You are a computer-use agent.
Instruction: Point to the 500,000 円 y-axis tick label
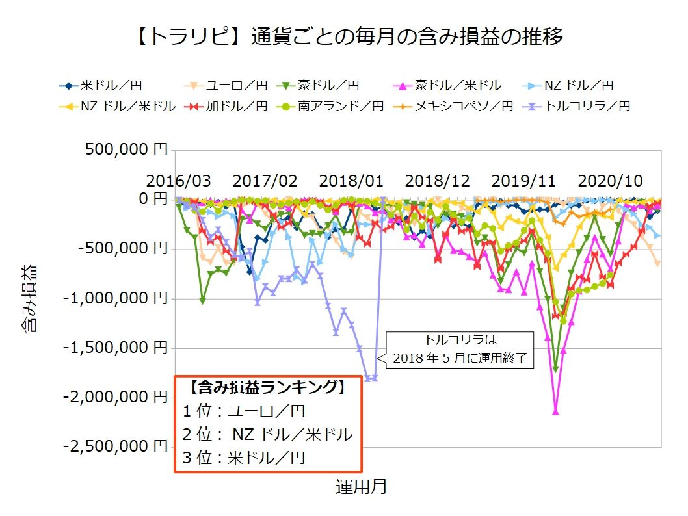pos(126,150)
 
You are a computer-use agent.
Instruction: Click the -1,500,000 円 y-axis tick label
pos(116,348)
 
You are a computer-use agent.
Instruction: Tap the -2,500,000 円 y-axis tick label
pos(116,446)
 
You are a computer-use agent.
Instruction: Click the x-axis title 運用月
pos(362,486)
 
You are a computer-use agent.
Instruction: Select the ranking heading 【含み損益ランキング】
pos(267,388)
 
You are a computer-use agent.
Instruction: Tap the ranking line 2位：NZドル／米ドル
pos(267,433)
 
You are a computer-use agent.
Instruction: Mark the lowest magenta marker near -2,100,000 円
pos(555,411)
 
